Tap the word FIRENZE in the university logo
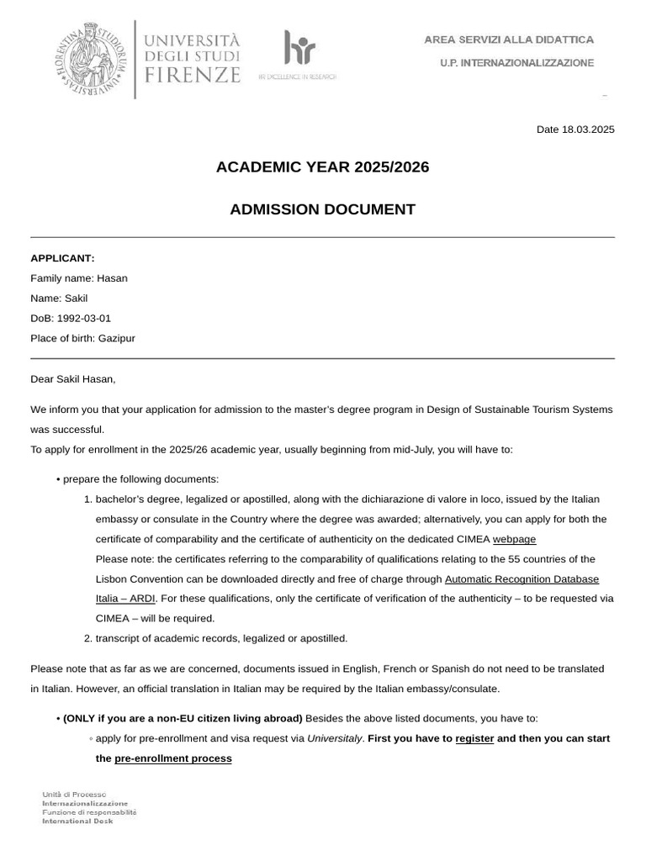click(193, 75)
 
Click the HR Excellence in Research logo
click(298, 55)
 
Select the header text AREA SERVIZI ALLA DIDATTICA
click(508, 40)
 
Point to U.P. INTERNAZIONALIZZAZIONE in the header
click(516, 63)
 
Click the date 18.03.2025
click(588, 129)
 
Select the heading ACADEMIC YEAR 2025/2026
click(322, 167)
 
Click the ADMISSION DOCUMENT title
click(322, 209)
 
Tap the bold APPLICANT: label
click(62, 258)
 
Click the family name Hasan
click(112, 278)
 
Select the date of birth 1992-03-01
click(83, 319)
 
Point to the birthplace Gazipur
click(116, 339)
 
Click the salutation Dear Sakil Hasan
click(73, 379)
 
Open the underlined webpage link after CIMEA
click(514, 540)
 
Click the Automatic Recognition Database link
click(522, 579)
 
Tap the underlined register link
click(474, 739)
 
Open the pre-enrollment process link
click(172, 759)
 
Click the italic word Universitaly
click(334, 739)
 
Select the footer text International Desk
click(77, 821)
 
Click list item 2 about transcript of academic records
click(220, 639)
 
